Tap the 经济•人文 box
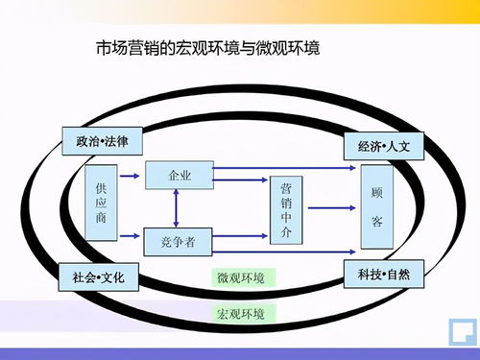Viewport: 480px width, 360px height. click(383, 148)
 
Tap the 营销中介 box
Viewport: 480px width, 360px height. click(286, 210)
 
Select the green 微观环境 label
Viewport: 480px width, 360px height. click(244, 277)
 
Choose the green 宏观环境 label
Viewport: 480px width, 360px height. click(244, 313)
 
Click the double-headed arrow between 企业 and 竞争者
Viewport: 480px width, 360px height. click(176, 207)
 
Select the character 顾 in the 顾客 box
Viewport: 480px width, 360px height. click(377, 191)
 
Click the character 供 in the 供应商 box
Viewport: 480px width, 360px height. click(102, 187)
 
